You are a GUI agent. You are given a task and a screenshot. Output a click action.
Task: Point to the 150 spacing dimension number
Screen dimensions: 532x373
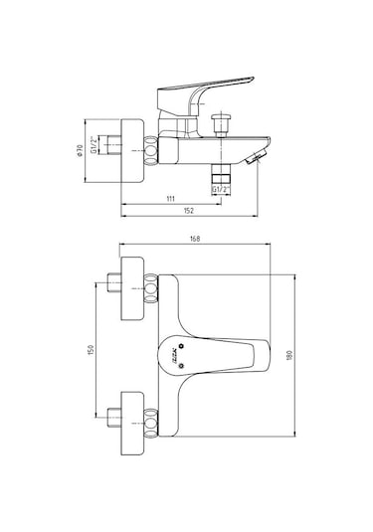coord(93,352)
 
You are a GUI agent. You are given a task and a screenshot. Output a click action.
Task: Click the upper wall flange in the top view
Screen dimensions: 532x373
coord(133,290)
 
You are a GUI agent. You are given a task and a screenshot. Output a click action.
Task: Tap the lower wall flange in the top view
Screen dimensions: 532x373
coord(133,415)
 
